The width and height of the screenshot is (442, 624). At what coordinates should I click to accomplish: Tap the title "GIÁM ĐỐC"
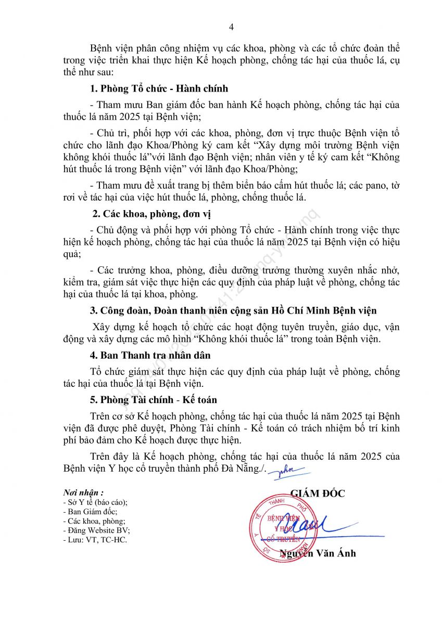click(317, 493)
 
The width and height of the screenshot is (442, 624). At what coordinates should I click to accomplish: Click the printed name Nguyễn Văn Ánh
click(318, 553)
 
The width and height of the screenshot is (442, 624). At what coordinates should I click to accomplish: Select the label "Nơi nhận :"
click(83, 492)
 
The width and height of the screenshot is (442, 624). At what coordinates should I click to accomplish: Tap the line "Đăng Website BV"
click(96, 530)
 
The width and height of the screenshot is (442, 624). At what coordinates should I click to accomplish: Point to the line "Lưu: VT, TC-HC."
click(95, 540)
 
